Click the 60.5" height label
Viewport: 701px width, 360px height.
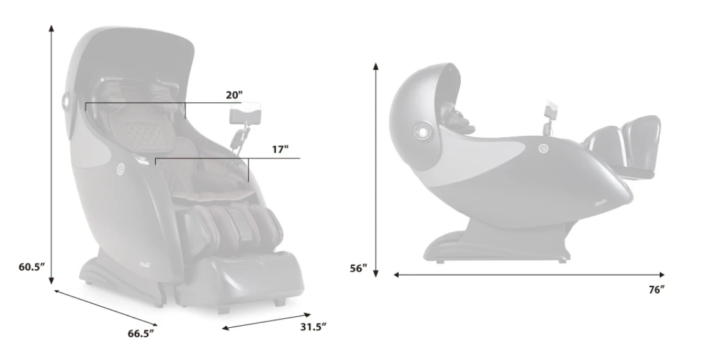tap(32, 267)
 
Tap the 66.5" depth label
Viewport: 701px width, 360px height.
tap(141, 333)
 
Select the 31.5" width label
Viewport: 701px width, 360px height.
tap(313, 327)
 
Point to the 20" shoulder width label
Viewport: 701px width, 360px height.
tap(234, 95)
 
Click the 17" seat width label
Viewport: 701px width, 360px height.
tap(280, 149)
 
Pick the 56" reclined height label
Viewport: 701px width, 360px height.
tap(358, 269)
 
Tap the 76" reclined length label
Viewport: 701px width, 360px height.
tap(656, 290)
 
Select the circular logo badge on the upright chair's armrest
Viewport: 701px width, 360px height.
tap(120, 170)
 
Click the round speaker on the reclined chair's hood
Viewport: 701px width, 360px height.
tap(421, 131)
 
